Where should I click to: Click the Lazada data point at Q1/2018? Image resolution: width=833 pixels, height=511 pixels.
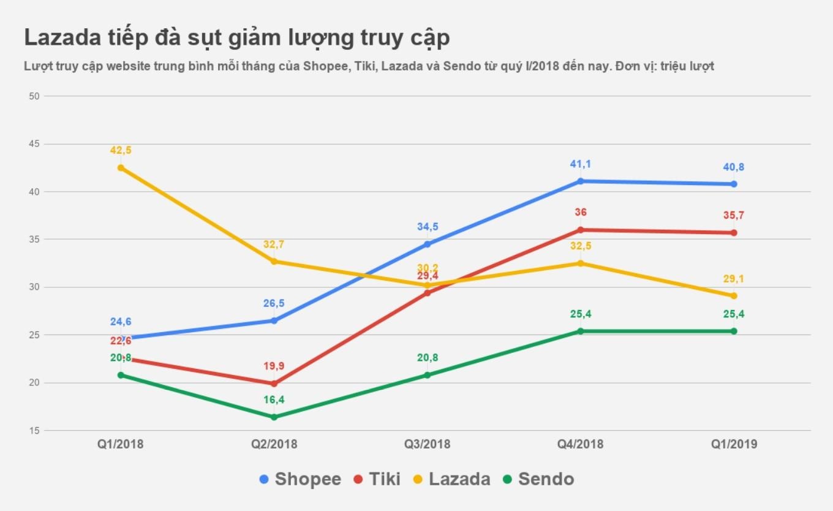point(121,167)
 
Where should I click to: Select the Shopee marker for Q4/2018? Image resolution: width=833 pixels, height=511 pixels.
point(580,181)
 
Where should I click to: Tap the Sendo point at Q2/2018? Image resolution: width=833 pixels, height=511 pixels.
point(274,417)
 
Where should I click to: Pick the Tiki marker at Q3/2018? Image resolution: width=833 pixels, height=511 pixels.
point(427,293)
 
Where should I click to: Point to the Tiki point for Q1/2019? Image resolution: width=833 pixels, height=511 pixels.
point(734,233)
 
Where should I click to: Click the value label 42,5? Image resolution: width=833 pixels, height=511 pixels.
point(121,150)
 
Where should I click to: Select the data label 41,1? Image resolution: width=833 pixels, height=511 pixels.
point(580,164)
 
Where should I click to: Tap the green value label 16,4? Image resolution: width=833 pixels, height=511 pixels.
point(274,400)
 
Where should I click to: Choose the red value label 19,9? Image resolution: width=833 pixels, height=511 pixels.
point(274,366)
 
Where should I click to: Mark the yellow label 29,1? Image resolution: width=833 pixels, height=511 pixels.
point(734,279)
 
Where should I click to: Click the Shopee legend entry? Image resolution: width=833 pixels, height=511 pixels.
point(300,479)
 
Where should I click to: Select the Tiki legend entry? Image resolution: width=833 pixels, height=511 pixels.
point(377,479)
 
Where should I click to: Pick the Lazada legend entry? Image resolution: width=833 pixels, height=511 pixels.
point(451,479)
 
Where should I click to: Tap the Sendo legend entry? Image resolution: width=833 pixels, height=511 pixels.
point(538,479)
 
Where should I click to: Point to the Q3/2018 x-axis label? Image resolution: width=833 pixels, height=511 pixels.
point(427,444)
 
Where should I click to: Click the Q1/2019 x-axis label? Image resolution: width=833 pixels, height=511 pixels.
point(734,444)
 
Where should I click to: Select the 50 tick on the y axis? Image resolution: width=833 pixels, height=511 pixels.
point(34,96)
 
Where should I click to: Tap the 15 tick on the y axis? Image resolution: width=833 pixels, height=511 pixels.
point(34,431)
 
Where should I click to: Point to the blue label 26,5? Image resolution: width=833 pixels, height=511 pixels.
point(274,304)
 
